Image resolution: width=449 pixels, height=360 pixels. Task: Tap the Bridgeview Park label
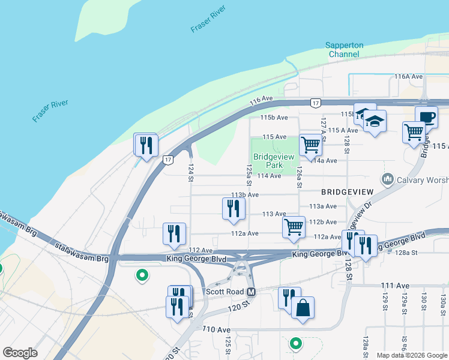pos(274,161)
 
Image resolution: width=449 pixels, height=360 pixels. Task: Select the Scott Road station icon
pos(252,292)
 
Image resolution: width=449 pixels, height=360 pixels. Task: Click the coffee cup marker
pos(426,117)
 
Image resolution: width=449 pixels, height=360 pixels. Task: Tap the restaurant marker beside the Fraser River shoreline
pos(145,145)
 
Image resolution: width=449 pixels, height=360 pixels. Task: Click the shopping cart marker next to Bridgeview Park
pos(310,145)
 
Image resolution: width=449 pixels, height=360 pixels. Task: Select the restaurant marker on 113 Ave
pos(233,208)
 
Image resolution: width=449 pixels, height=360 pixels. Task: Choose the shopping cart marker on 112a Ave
pos(294,227)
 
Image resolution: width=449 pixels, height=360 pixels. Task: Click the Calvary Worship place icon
pos(387,179)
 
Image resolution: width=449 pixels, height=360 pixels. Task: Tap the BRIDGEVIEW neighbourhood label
pos(348,191)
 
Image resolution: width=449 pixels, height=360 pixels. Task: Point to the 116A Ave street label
pos(409,77)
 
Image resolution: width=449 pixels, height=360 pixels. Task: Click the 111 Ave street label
pos(394,286)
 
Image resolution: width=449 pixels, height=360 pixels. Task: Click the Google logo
pos(20,353)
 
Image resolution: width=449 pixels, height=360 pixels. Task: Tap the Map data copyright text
pos(412,355)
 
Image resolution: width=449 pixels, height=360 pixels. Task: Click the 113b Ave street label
pos(245,195)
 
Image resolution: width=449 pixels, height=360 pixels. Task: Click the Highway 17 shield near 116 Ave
pos(315,103)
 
